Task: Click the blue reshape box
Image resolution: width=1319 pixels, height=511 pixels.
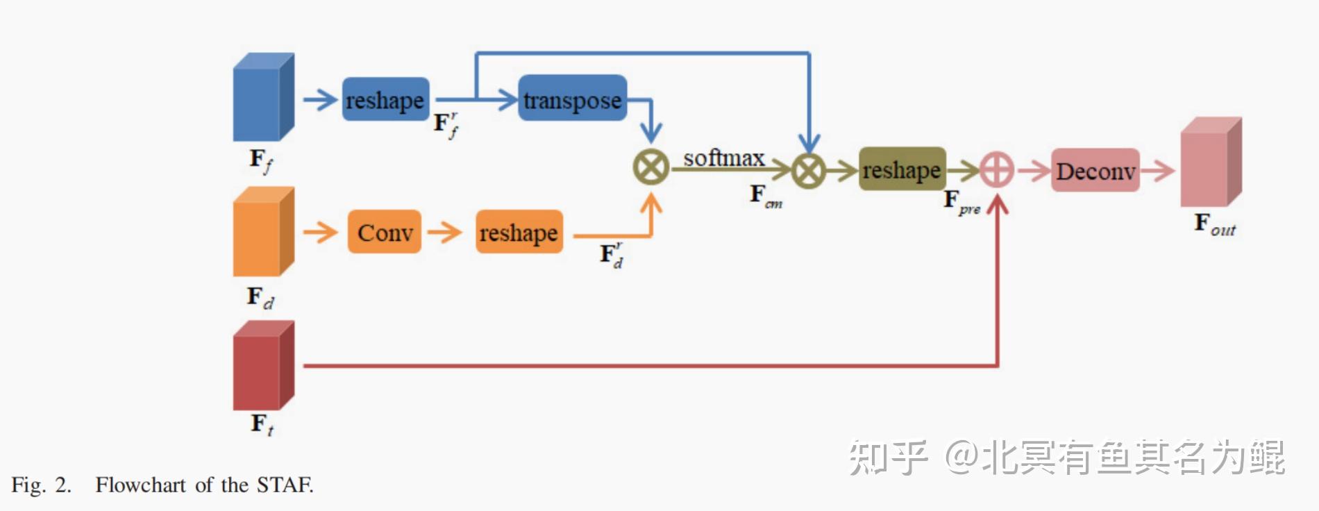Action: click(385, 99)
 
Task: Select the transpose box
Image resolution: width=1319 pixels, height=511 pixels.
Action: click(572, 99)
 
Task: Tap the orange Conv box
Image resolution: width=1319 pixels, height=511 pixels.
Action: click(385, 232)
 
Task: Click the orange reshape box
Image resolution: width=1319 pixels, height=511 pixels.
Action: click(519, 232)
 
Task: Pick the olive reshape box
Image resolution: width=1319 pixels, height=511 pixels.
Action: click(902, 169)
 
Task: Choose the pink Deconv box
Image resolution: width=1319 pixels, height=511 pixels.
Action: click(1095, 170)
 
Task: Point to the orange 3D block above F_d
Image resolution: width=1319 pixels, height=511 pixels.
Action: click(262, 232)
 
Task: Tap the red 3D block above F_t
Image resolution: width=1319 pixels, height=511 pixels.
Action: click(262, 366)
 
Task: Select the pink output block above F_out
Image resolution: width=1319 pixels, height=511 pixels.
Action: click(1210, 162)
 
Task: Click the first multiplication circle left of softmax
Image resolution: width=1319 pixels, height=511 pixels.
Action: click(650, 167)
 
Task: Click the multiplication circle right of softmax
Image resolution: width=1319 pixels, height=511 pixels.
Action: click(809, 170)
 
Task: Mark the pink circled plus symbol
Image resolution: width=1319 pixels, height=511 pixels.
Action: click(997, 170)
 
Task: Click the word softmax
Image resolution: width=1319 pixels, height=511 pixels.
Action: click(723, 158)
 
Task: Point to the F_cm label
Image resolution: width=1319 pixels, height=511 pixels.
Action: click(765, 195)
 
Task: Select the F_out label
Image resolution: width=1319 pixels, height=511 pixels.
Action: click(1213, 224)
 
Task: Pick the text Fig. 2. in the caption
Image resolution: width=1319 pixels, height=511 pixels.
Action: click(41, 485)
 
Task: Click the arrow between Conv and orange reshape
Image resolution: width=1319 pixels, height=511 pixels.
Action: click(445, 232)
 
